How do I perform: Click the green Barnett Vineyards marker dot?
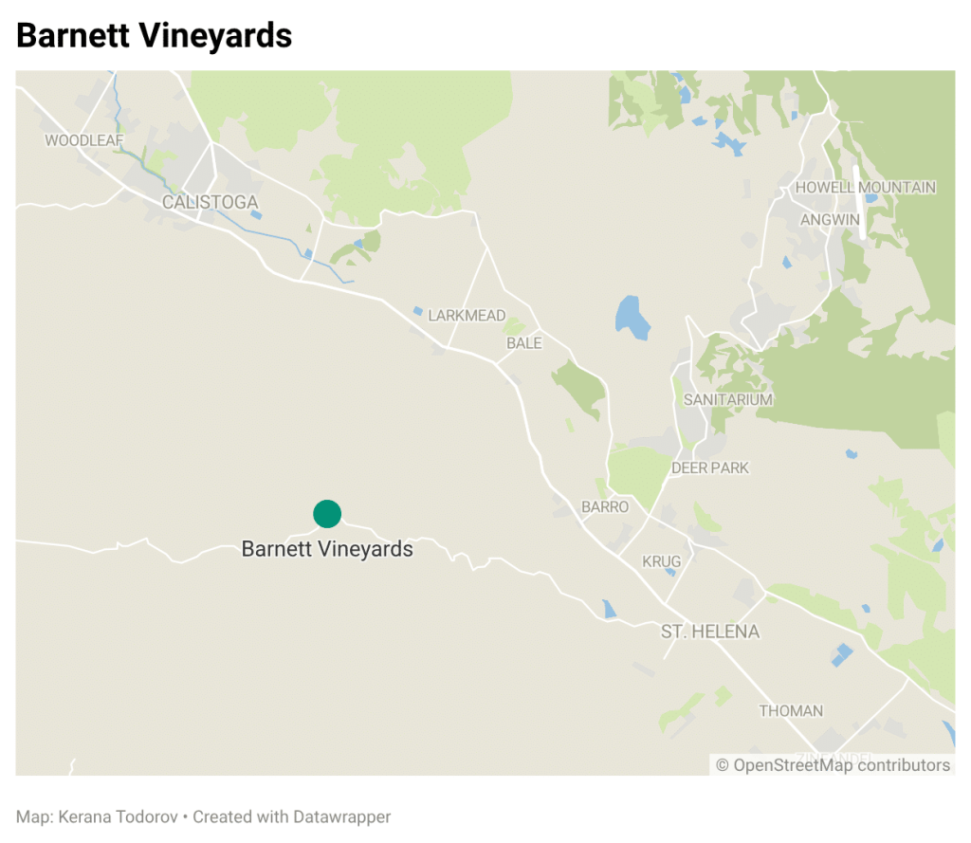tap(327, 514)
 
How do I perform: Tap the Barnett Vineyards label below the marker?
tap(327, 549)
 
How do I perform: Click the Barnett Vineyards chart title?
tap(155, 35)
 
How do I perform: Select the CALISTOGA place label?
tap(210, 202)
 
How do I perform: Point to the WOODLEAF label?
tap(84, 140)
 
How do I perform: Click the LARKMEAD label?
tap(467, 316)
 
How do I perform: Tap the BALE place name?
tap(523, 343)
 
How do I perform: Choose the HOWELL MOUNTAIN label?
tap(865, 188)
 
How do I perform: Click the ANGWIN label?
tap(830, 220)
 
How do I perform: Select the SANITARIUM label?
tap(727, 400)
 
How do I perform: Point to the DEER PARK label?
tap(709, 468)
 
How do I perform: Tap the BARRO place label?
tap(604, 507)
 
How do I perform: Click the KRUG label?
tap(661, 562)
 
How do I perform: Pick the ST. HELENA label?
tap(710, 632)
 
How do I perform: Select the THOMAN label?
tap(791, 711)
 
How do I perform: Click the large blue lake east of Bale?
tap(632, 317)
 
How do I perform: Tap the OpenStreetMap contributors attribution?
tap(833, 765)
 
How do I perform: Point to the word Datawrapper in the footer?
tap(341, 816)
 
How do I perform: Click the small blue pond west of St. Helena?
tap(608, 609)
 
